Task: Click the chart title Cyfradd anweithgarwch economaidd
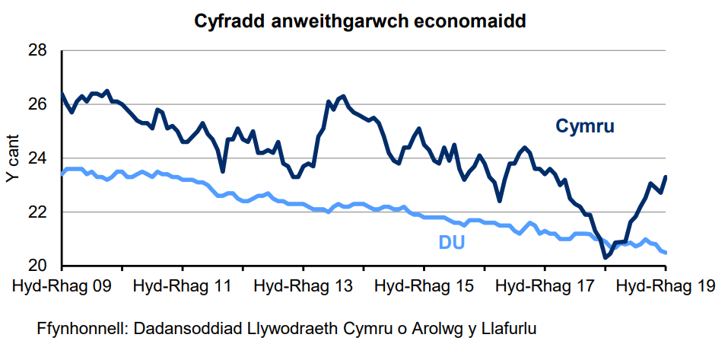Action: click(361, 21)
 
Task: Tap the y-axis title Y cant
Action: click(13, 158)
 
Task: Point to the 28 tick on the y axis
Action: click(37, 51)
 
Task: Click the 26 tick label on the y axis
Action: click(37, 105)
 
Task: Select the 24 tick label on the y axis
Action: click(37, 158)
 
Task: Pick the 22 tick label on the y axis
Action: click(37, 212)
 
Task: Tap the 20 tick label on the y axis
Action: click(37, 266)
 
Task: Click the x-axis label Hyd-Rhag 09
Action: click(62, 288)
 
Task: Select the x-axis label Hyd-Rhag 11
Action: click(182, 288)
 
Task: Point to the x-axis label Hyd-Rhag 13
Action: click(303, 288)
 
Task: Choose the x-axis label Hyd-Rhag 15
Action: click(424, 288)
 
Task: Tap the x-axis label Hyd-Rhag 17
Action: click(545, 288)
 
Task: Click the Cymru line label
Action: click(585, 126)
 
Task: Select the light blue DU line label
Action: click(452, 243)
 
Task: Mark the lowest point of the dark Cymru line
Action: click(606, 258)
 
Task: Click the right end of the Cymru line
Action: click(666, 177)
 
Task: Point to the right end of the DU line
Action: click(666, 253)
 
